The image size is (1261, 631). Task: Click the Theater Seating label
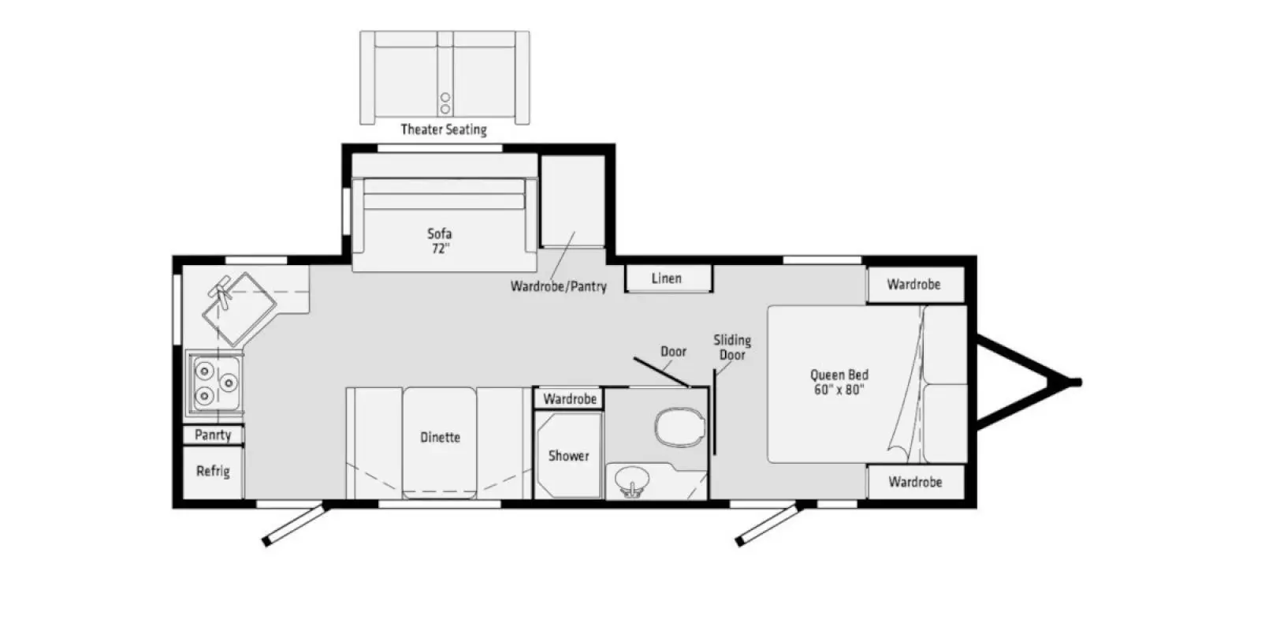click(x=444, y=129)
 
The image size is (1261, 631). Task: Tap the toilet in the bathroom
click(x=679, y=427)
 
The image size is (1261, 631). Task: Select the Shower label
click(x=568, y=456)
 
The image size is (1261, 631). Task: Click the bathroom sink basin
click(x=630, y=479)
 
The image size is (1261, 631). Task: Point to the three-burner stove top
click(x=214, y=383)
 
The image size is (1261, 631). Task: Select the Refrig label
click(x=213, y=472)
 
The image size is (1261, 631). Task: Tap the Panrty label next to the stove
click(x=213, y=435)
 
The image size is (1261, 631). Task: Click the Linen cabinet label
click(x=667, y=278)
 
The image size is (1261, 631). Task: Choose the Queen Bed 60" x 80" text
click(x=839, y=383)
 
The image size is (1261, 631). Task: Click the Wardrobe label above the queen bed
click(x=913, y=285)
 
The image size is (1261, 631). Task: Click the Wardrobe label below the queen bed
click(x=915, y=481)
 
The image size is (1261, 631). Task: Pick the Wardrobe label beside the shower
click(x=569, y=399)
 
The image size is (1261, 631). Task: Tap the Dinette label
click(x=440, y=438)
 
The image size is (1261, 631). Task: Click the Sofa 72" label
click(x=440, y=241)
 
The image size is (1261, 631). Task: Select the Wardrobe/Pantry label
click(x=558, y=286)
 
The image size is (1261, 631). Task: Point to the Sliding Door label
click(x=732, y=347)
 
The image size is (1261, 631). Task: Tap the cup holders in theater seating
click(x=445, y=103)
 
